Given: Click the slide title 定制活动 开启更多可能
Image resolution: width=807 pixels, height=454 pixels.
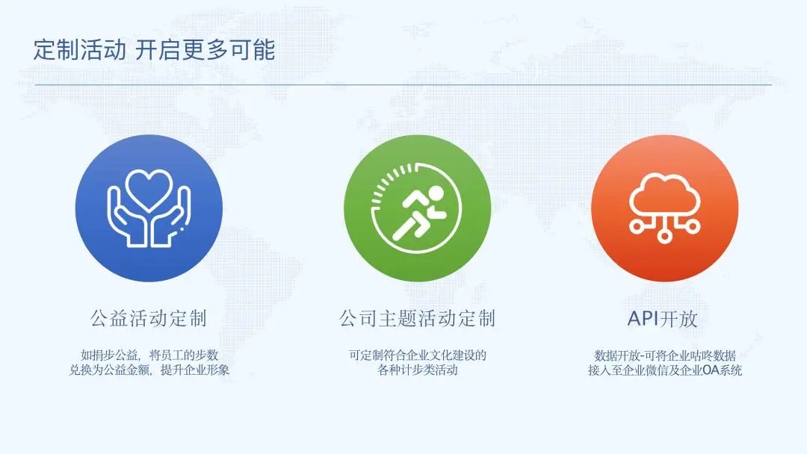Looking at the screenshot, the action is (155, 50).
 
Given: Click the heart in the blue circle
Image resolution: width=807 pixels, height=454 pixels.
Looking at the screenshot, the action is (149, 189).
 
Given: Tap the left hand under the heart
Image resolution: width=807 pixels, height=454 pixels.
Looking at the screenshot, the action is (126, 218).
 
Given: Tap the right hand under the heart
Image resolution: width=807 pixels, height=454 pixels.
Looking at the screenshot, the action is (171, 218).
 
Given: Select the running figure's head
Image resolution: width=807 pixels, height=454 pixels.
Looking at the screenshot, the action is (436, 194).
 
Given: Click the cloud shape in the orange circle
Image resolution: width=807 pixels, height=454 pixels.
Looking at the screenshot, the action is (664, 194).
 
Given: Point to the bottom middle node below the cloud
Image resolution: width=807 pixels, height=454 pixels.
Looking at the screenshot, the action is (664, 235).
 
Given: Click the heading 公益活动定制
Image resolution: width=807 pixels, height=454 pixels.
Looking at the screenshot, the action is (149, 319).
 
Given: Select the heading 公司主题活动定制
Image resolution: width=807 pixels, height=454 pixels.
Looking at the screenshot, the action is (418, 319).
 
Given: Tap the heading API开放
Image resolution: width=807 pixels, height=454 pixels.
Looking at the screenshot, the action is (663, 319).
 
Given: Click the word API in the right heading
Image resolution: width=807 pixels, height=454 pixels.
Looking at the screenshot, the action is (643, 319).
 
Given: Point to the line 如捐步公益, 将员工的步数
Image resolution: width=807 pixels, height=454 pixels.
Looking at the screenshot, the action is (149, 355).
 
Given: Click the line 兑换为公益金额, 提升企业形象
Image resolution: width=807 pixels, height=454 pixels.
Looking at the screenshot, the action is (149, 370).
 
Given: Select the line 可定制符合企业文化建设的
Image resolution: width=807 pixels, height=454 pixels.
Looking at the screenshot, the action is (418, 355).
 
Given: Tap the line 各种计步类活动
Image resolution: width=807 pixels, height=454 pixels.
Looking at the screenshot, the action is (418, 370).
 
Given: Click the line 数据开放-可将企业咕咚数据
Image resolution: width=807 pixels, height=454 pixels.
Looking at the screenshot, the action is (665, 355).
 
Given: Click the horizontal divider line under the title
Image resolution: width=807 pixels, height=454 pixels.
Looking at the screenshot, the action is (403, 84).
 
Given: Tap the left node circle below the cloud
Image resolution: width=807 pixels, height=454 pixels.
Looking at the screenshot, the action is (637, 226).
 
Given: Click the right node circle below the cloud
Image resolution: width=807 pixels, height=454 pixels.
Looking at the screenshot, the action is (693, 226).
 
